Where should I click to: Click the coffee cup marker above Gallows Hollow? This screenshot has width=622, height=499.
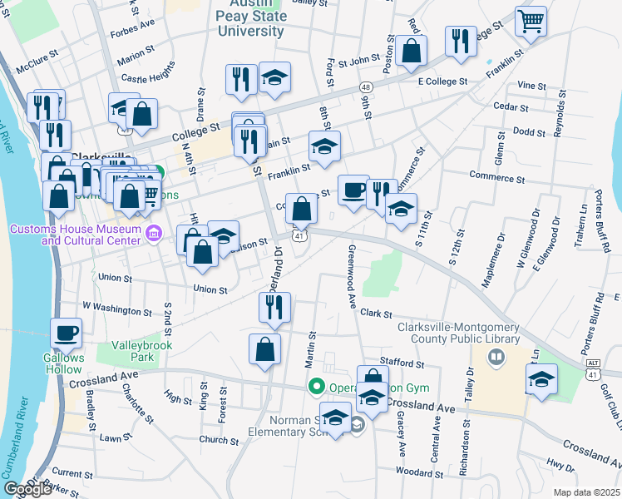point(67,333)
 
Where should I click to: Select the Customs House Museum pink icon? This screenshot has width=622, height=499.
point(152,235)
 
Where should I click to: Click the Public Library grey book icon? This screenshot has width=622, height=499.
point(496,357)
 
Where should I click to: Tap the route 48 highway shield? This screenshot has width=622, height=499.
point(365,87)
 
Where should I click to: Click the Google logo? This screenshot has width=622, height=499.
point(27,489)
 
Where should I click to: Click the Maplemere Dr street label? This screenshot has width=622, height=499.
point(501,248)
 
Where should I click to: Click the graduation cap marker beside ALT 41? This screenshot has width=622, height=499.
point(542,379)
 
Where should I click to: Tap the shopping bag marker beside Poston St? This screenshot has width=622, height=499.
point(411,51)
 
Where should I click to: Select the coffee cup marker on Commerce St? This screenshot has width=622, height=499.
point(353,190)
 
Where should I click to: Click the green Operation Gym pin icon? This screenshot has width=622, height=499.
point(316,387)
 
